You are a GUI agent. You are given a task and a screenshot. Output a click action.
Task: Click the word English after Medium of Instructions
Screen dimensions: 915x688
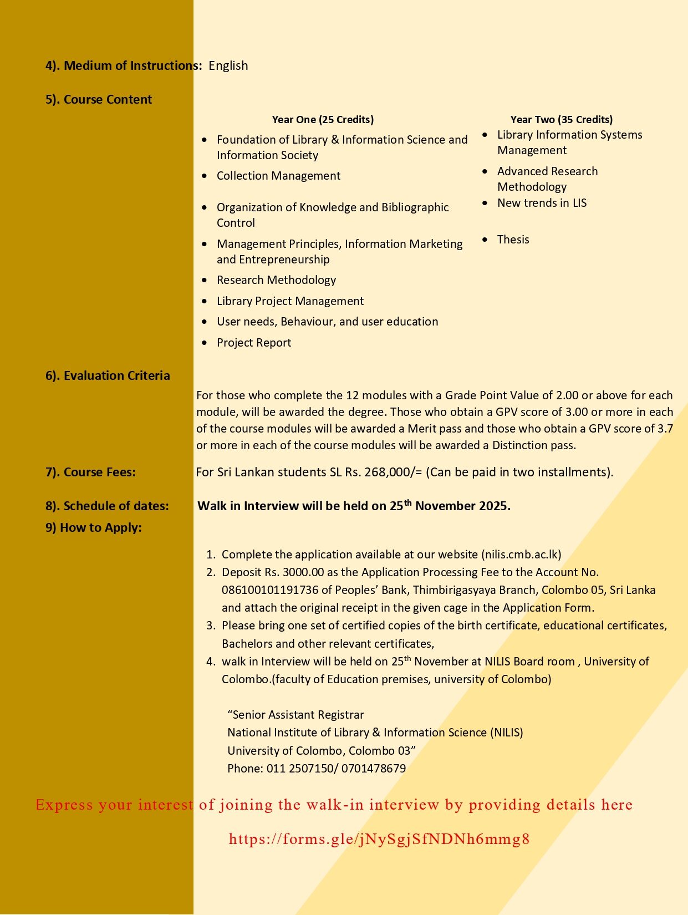pos(228,65)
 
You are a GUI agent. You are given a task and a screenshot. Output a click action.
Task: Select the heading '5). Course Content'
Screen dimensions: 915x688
pos(99,100)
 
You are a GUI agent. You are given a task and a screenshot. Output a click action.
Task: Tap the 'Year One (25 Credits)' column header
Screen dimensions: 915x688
pos(323,119)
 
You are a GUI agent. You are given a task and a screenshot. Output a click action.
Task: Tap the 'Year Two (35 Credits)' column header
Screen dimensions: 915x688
pos(561,119)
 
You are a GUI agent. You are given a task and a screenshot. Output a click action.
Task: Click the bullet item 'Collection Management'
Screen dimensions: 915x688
pos(278,176)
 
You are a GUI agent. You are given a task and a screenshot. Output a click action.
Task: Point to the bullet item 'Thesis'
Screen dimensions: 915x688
pos(513,240)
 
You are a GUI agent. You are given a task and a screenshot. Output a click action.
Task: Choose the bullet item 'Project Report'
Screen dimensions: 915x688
pos(254,343)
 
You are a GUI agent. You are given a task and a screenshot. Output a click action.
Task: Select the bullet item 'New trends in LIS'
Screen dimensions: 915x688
pos(542,203)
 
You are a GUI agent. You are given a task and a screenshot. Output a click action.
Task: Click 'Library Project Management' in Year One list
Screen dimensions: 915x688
pos(290,301)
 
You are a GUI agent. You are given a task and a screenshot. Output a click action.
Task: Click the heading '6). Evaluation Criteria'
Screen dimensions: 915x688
pos(108,376)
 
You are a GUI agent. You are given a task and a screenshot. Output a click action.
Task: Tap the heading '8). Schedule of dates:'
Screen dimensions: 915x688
pos(107,506)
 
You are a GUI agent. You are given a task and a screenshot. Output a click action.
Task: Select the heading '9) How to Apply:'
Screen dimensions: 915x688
pos(93,528)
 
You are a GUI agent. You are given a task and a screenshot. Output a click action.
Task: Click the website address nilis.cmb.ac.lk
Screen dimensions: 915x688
pos(521,555)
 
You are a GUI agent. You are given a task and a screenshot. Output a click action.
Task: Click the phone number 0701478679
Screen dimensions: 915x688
pos(374,769)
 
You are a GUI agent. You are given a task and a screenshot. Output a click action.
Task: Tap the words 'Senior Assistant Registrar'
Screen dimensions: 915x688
pos(298,715)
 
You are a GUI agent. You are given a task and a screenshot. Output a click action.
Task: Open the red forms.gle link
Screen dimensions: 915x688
pos(379,839)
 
